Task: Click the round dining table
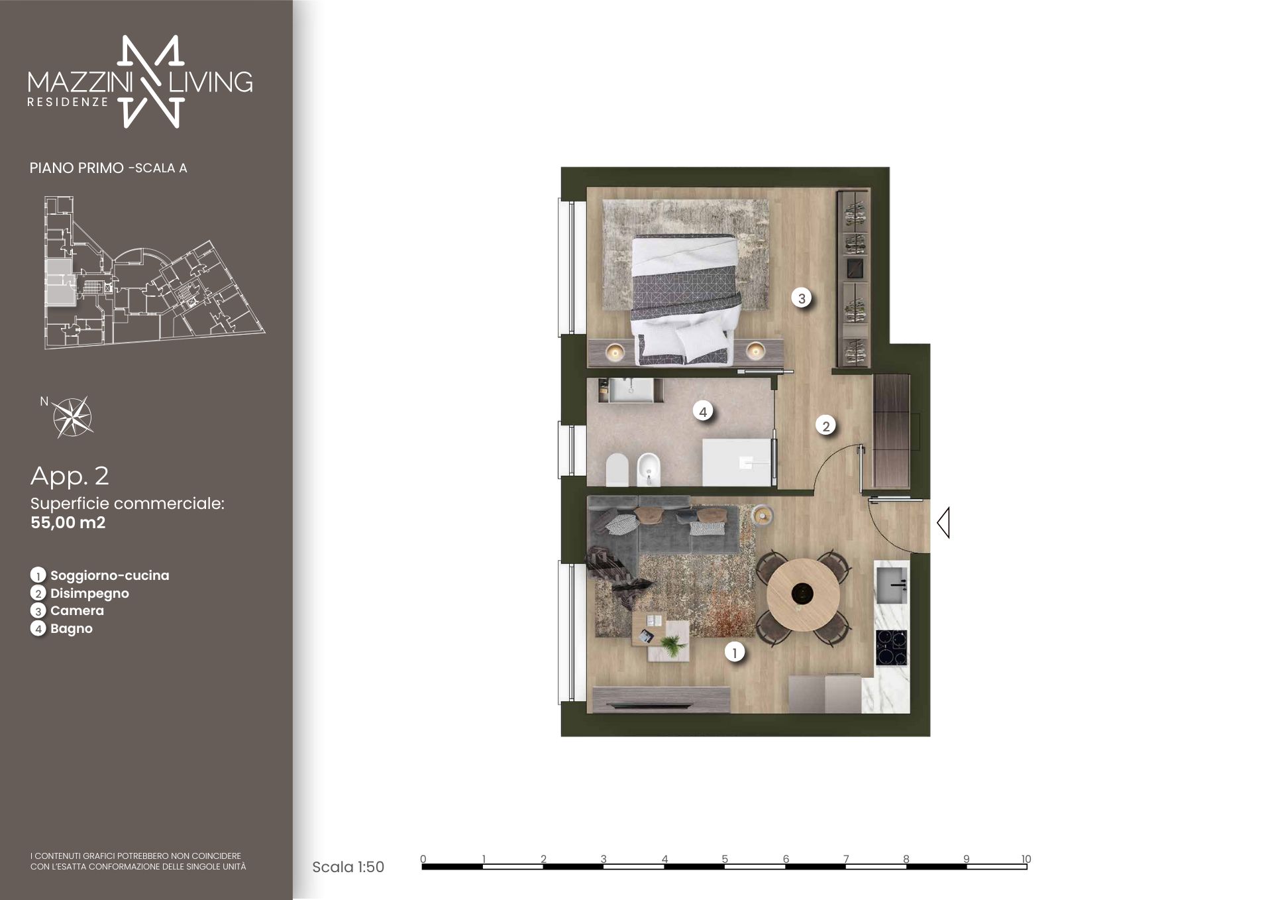[x=802, y=594]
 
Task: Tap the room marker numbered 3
[x=802, y=298]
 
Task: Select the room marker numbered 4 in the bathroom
[x=703, y=412]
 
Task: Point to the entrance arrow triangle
[x=943, y=522]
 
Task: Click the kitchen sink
[x=892, y=585]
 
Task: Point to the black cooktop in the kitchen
[x=892, y=647]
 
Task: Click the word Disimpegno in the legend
[x=89, y=593]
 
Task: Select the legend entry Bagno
[x=72, y=628]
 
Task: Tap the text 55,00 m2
[x=68, y=522]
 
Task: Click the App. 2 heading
[x=70, y=476]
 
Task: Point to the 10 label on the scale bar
[x=1026, y=859]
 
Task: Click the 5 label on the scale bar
[x=725, y=859]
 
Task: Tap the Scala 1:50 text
[x=348, y=867]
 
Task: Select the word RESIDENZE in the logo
[x=68, y=103]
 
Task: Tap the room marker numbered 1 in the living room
[x=734, y=652]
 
